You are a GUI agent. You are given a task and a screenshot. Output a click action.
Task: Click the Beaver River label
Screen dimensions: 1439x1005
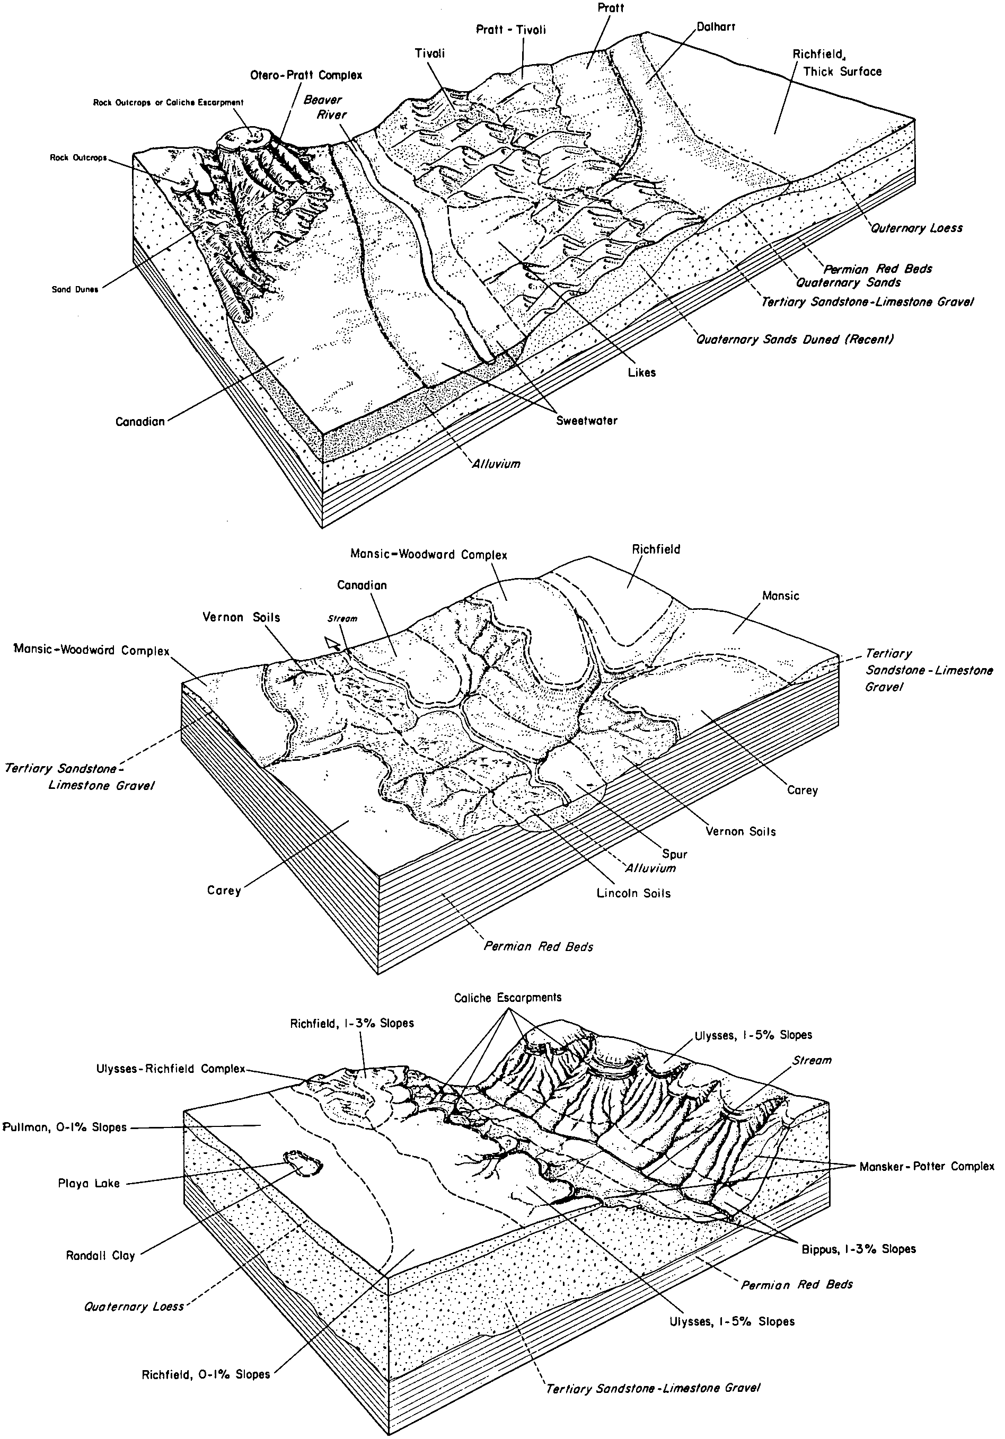pyautogui.click(x=325, y=107)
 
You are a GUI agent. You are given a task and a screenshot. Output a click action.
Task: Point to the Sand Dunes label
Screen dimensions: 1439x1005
pyautogui.click(x=75, y=290)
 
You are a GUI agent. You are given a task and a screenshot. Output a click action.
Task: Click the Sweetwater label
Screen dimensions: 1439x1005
pyautogui.click(x=587, y=421)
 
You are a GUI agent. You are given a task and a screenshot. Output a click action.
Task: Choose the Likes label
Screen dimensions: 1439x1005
pyautogui.click(x=641, y=372)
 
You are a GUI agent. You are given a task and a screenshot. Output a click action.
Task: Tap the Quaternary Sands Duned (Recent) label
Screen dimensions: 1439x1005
pyautogui.click(x=795, y=339)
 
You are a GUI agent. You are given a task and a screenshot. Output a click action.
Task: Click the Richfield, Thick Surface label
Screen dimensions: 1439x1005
pyautogui.click(x=836, y=63)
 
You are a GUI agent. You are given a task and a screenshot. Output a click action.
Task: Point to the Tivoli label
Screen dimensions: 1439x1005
pyautogui.click(x=429, y=54)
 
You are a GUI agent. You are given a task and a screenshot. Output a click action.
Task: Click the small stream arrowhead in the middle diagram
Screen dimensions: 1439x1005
pyautogui.click(x=332, y=642)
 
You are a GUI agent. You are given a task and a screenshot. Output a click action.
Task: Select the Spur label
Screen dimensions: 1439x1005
pyautogui.click(x=675, y=854)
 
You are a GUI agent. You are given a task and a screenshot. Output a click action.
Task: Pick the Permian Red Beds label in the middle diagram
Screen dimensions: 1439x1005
pyautogui.click(x=538, y=946)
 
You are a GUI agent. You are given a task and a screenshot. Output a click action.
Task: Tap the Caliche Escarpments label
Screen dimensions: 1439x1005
pyautogui.click(x=508, y=997)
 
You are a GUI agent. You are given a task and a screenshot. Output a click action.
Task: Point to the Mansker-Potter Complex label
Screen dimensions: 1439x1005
pyautogui.click(x=927, y=1166)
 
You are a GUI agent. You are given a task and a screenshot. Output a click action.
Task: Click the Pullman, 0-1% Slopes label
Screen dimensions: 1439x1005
pyautogui.click(x=65, y=1127)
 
